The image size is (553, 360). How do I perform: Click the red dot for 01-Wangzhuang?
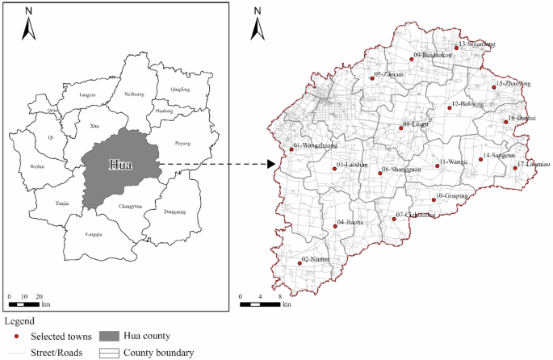[291, 149]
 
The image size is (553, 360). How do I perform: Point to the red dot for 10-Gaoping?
[433, 199]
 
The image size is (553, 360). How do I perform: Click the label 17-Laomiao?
[534, 164]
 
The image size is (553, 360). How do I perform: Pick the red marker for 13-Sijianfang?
[456, 48]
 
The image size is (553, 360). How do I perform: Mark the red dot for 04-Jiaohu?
[335, 226]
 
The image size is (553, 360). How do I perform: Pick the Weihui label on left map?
[37, 168]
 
